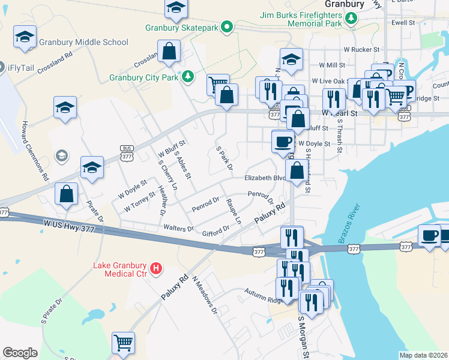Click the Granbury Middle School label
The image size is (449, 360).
pyautogui.click(x=83, y=42)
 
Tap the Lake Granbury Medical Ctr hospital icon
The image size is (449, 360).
pyautogui.click(x=156, y=267)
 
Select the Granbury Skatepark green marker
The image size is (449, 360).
pyautogui.click(x=227, y=27)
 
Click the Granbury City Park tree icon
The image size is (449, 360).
pyautogui.click(x=188, y=76)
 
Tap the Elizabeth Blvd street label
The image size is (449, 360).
pyautogui.click(x=265, y=178)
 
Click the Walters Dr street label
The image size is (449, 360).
pyautogui.click(x=178, y=229)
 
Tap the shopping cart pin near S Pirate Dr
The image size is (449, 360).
pyautogui.click(x=123, y=344)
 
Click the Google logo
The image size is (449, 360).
pyautogui.click(x=20, y=353)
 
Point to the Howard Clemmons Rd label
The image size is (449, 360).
pyautogui.click(x=35, y=151)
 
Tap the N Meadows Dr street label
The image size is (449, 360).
pyautogui.click(x=205, y=298)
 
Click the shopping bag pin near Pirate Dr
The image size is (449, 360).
pyautogui.click(x=67, y=194)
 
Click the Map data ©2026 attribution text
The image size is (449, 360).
pyautogui.click(x=424, y=355)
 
